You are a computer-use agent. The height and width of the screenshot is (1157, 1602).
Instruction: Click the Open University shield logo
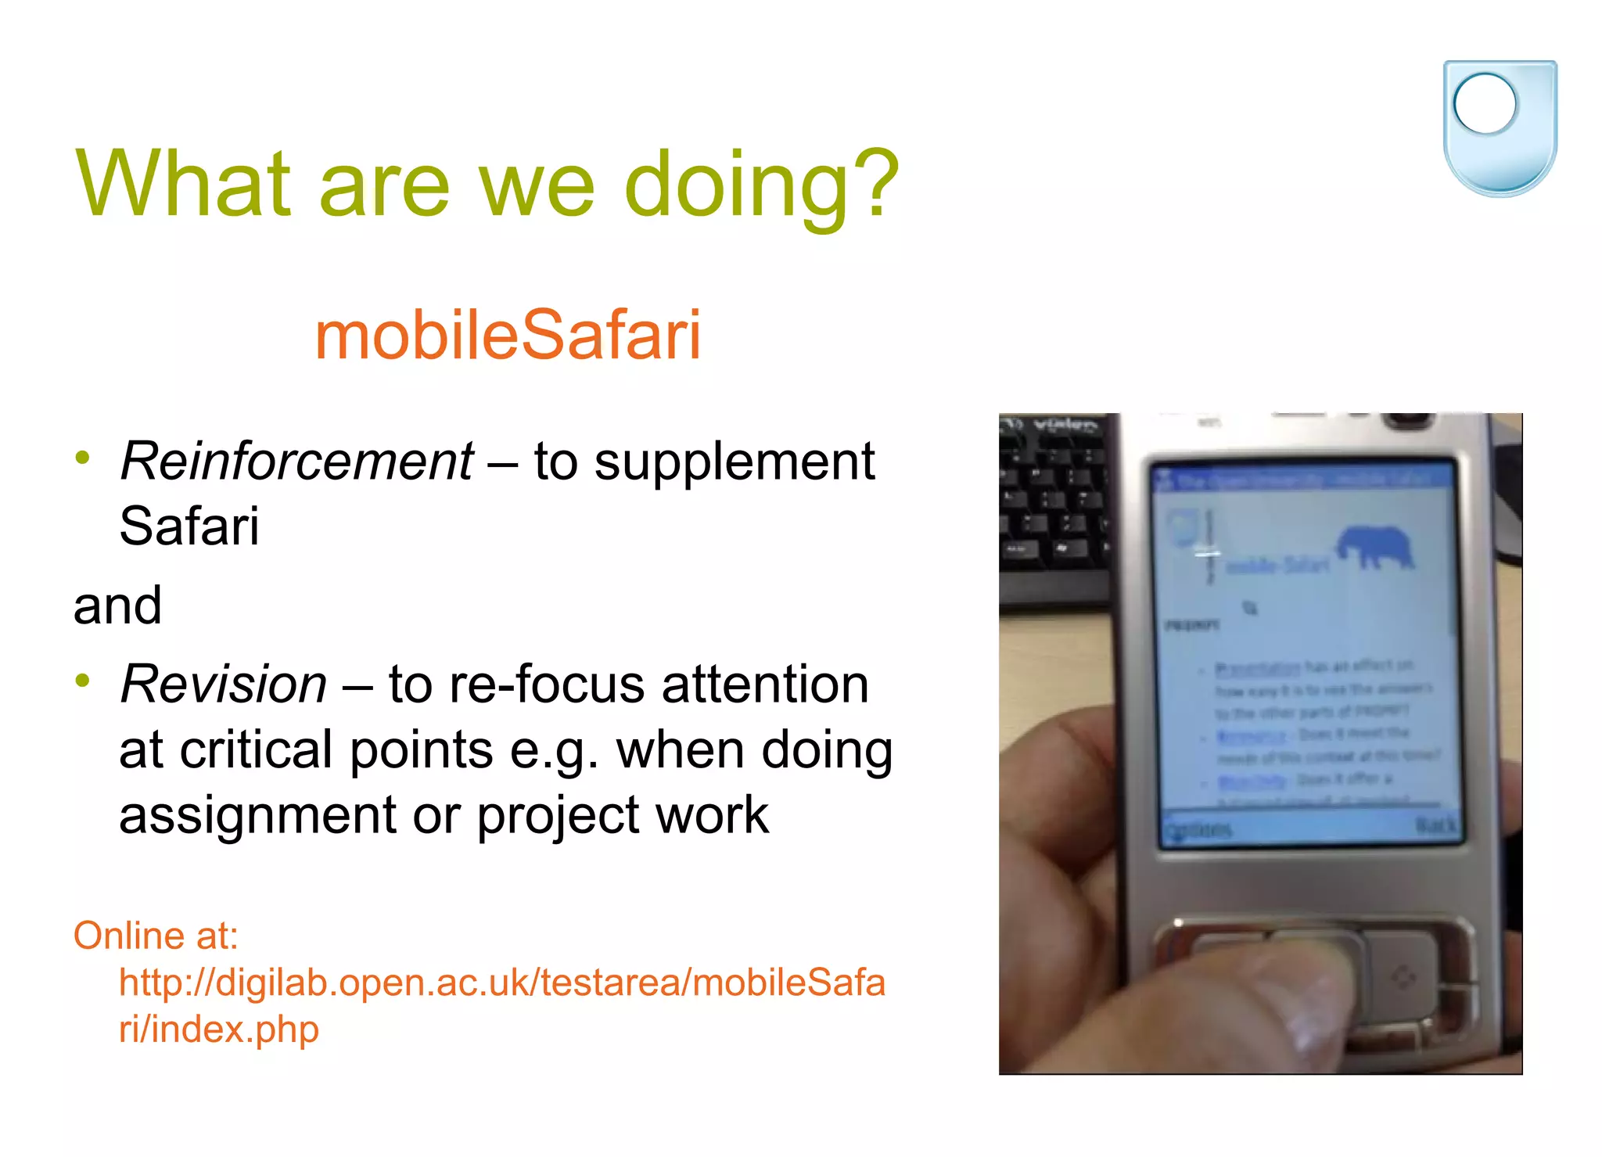coord(1500,128)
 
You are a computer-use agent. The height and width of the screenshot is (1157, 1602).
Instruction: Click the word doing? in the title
coord(761,185)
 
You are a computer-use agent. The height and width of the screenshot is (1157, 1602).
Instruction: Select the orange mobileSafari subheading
coord(508,335)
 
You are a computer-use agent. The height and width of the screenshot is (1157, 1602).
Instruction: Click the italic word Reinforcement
coord(296,461)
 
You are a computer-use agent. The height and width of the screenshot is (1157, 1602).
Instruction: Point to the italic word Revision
coord(224,684)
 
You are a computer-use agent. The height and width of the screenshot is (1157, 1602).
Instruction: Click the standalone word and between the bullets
coord(117,605)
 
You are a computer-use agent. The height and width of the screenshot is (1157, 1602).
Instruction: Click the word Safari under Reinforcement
coord(189,526)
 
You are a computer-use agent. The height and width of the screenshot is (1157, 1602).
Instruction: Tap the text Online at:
coord(156,936)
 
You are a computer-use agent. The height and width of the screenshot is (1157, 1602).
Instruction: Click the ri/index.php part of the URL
coord(219,1029)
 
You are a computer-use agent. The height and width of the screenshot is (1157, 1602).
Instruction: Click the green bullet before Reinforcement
coord(83,458)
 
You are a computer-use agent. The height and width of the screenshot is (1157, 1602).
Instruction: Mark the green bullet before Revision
coord(83,681)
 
